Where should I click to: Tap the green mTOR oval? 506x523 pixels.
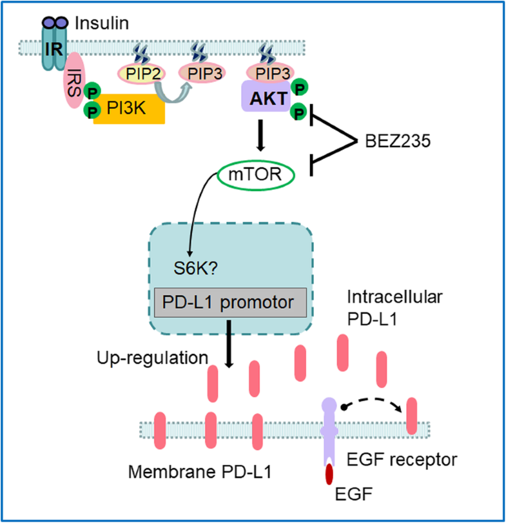click(x=249, y=174)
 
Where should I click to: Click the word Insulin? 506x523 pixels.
click(x=101, y=24)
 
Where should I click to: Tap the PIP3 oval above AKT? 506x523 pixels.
click(x=269, y=73)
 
